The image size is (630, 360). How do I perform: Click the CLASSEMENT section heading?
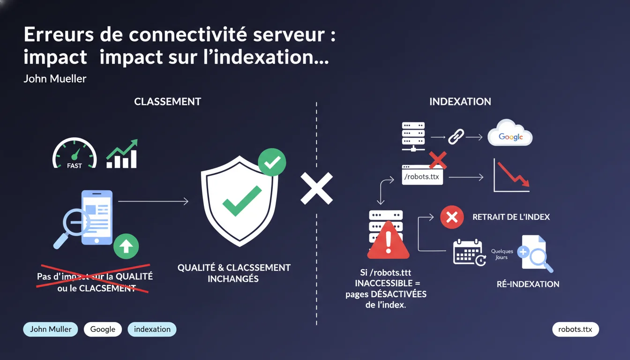pyautogui.click(x=167, y=102)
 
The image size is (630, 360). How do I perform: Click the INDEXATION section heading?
pyautogui.click(x=460, y=102)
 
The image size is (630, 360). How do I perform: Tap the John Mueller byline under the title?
pyautogui.click(x=55, y=78)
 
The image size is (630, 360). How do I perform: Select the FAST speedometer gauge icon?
pyautogui.click(x=75, y=153)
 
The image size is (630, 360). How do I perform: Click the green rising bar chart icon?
pyautogui.click(x=122, y=154)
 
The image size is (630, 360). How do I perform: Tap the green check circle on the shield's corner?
pyautogui.click(x=272, y=162)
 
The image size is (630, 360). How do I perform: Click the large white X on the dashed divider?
pyautogui.click(x=316, y=188)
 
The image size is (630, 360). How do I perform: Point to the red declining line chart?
pyautogui.click(x=512, y=176)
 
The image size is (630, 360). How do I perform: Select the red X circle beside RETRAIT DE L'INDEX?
pyautogui.click(x=452, y=217)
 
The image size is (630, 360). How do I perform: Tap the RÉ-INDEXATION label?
pyautogui.click(x=528, y=284)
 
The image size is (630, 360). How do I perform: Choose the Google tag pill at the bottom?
pyautogui.click(x=103, y=329)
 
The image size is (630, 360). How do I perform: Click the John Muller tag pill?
pyautogui.click(x=51, y=329)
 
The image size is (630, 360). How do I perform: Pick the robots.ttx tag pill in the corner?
pyautogui.click(x=575, y=329)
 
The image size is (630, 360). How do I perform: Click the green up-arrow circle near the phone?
pyautogui.click(x=126, y=246)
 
